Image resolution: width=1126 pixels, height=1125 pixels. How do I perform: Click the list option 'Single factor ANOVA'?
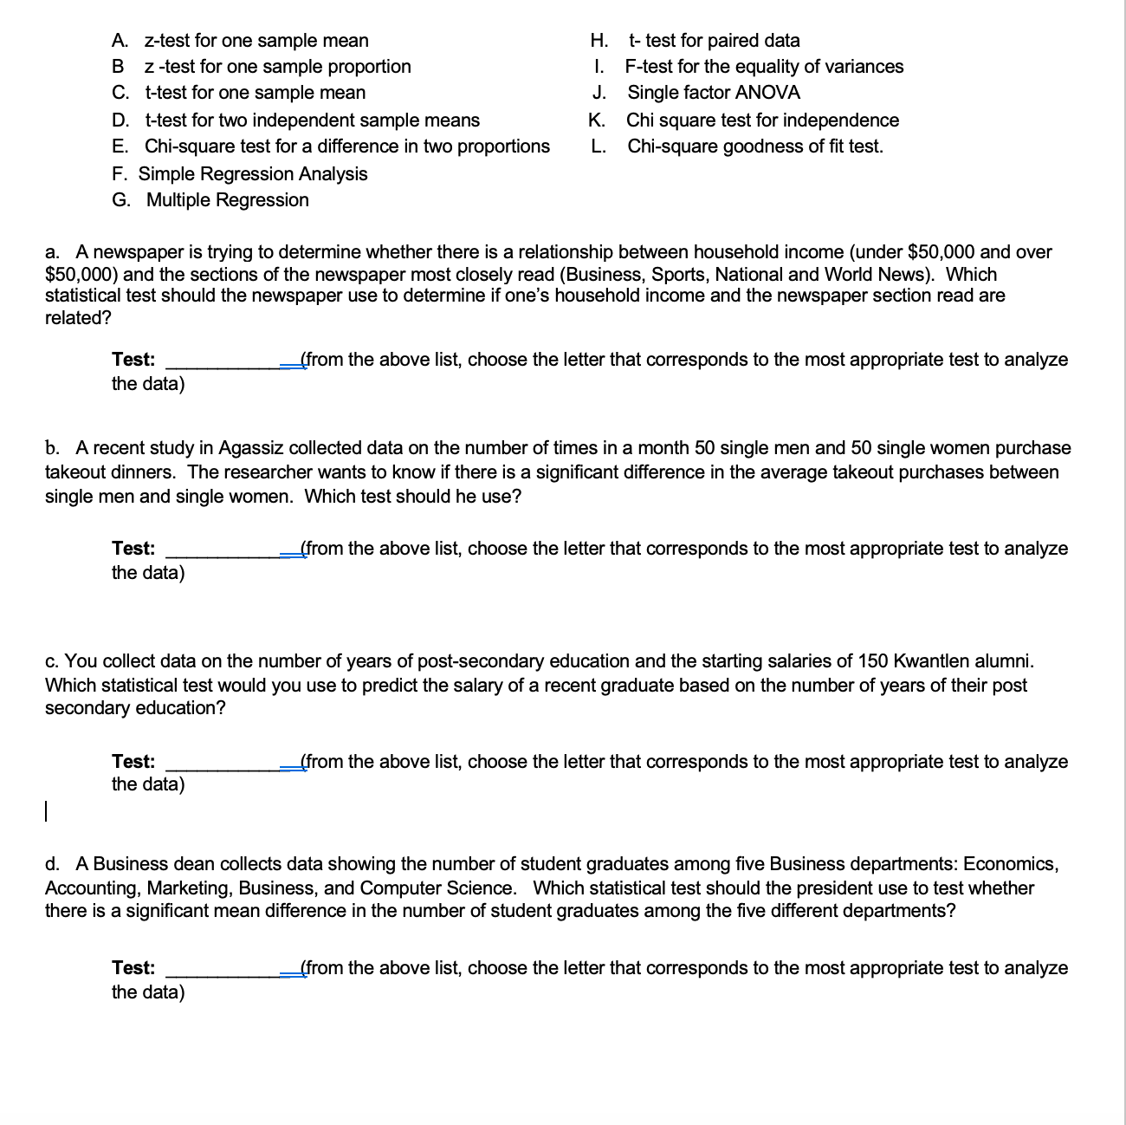tap(713, 93)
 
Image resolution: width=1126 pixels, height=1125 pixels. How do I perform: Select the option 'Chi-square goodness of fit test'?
tap(754, 146)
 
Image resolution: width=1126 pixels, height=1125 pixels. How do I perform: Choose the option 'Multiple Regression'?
tap(227, 200)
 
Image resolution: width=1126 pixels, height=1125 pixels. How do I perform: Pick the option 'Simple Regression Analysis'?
tap(253, 174)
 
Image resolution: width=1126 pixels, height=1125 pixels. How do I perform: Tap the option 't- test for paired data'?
tap(714, 41)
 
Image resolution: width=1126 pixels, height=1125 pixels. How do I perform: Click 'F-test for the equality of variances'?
tap(764, 67)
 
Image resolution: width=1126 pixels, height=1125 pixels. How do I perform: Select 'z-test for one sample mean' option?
tap(256, 41)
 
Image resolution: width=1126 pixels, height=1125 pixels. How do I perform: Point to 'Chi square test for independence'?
tap(762, 120)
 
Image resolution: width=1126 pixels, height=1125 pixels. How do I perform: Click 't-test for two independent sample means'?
tap(312, 120)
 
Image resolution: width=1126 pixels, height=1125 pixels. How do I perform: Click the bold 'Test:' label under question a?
tap(133, 360)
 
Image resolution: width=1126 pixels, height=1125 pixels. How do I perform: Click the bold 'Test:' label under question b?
tap(133, 549)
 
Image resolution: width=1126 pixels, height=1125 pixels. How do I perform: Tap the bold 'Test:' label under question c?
tap(133, 762)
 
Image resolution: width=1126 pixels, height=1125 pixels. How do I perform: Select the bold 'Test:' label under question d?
tap(133, 968)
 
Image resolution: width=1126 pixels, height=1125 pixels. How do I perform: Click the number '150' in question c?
tap(873, 661)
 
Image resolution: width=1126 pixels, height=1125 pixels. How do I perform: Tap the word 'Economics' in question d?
tap(1008, 864)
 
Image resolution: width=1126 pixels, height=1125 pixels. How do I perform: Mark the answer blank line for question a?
tap(230, 366)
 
